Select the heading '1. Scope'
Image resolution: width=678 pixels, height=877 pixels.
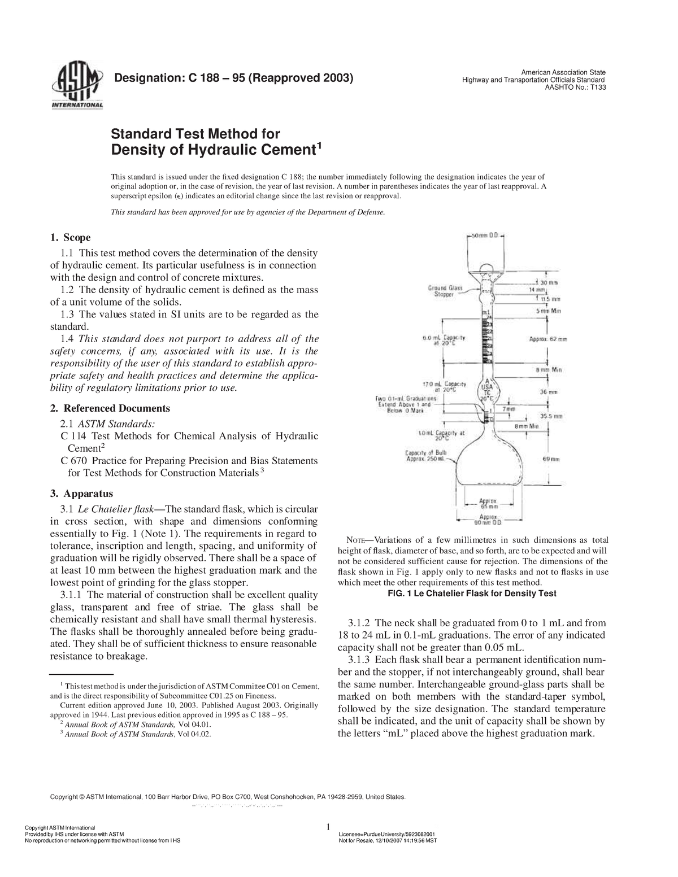71,237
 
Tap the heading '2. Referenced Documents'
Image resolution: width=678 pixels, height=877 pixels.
110,408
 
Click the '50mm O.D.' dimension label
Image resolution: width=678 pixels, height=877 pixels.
486,236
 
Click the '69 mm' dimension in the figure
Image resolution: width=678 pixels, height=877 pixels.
551,459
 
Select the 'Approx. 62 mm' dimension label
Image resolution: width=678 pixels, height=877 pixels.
548,339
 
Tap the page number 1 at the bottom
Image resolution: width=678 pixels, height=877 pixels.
328,827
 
